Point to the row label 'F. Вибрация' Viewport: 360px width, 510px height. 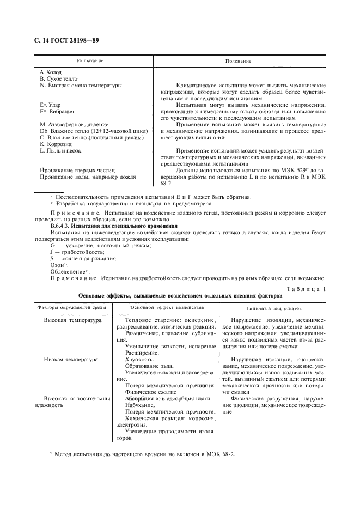(57, 111)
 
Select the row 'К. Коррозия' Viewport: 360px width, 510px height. (56, 144)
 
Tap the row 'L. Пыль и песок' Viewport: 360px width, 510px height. (61, 151)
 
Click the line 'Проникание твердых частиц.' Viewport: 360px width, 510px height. (78, 171)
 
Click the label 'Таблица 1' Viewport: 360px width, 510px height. (305, 289)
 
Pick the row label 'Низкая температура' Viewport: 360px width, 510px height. (71, 360)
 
